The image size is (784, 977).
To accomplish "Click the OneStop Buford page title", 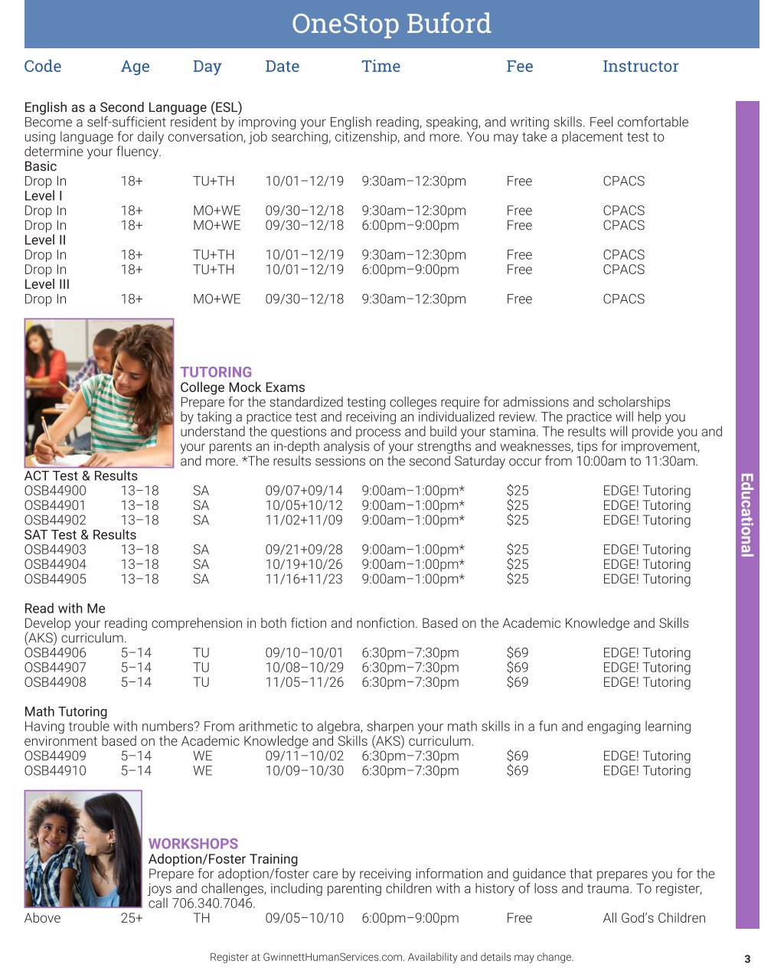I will click(x=391, y=24).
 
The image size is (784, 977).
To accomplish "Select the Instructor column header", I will click(x=640, y=67).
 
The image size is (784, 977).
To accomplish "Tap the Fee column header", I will click(x=519, y=67).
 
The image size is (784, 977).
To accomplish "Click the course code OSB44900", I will click(x=55, y=491).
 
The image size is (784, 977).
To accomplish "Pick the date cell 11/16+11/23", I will click(x=304, y=580).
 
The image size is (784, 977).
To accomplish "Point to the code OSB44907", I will click(x=55, y=668).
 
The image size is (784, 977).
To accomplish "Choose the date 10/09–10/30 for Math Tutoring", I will click(x=304, y=771).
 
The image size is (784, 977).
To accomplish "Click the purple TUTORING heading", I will click(x=216, y=372).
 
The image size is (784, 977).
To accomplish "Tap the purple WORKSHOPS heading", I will click(x=193, y=844).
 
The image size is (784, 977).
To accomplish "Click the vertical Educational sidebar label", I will click(x=747, y=515).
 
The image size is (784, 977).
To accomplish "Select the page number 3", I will click(x=747, y=959).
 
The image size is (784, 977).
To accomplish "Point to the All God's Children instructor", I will click(x=654, y=918).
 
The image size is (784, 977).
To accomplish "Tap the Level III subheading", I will click(x=47, y=284).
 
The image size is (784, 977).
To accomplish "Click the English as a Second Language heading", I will click(x=133, y=107).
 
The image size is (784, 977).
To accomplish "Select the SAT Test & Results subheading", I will click(x=80, y=535).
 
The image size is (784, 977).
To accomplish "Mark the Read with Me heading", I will click(x=65, y=609).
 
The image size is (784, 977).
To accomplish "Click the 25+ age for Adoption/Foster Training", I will click(x=132, y=918).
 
